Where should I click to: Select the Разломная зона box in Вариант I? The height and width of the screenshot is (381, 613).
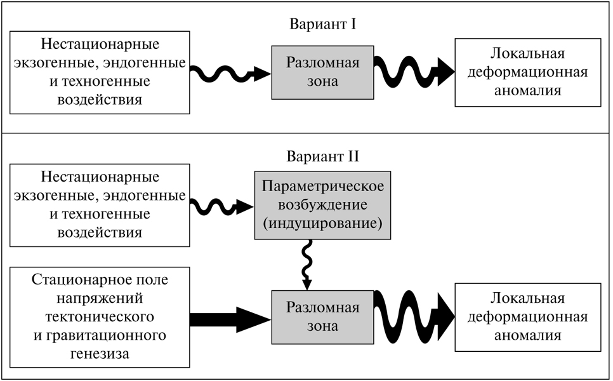(x=322, y=72)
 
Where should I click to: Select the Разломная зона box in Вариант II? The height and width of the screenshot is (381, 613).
(x=322, y=317)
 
